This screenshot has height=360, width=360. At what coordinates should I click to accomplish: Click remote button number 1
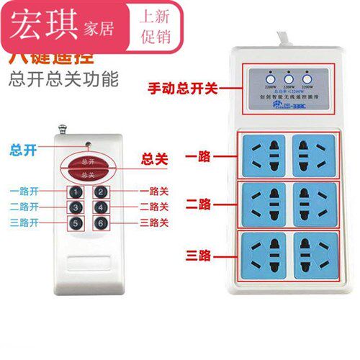tap(74, 192)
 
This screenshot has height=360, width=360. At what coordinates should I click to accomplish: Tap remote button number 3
tap(74, 208)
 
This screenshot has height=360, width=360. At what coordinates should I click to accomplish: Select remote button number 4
tap(102, 208)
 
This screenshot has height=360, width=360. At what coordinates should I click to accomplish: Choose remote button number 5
tap(74, 224)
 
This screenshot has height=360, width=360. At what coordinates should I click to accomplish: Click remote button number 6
tap(102, 224)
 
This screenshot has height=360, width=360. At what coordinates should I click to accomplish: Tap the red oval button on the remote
tap(87, 168)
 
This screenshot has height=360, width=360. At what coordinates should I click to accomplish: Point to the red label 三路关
tap(153, 223)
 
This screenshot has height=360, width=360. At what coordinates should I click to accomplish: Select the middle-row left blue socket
tap(264, 204)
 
